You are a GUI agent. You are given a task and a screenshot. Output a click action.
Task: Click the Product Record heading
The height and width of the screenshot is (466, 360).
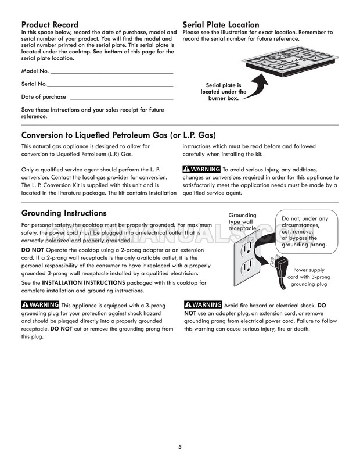pos(50,24)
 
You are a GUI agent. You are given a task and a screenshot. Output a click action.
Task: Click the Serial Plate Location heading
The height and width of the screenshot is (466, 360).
pos(221,24)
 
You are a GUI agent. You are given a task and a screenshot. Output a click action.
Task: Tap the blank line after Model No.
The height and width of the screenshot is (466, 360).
pos(111,73)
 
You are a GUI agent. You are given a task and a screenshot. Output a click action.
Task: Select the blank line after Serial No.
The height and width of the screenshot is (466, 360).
pos(110,85)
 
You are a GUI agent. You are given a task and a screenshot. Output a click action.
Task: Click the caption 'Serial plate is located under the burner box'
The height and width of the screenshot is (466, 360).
pos(224,92)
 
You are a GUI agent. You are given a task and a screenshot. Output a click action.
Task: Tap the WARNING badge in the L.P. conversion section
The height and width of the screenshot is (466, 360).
pos(201,169)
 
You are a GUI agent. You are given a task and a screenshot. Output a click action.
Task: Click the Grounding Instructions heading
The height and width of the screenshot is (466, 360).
pos(64,213)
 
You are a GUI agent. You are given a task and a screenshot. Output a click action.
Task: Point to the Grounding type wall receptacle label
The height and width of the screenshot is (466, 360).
pos(242,221)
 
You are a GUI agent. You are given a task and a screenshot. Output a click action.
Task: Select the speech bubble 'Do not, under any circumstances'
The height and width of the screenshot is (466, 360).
pos(305,231)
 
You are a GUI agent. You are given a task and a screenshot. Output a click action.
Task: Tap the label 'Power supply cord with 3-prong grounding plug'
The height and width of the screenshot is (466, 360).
pos(309,277)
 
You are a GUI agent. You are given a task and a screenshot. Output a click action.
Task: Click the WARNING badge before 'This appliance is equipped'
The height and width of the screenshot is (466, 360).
pos(39,305)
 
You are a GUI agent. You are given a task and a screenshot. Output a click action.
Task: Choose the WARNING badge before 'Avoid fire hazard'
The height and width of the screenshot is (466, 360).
pos(202,305)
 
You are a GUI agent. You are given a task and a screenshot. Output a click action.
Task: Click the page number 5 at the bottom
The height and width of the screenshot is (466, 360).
pos(180,446)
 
